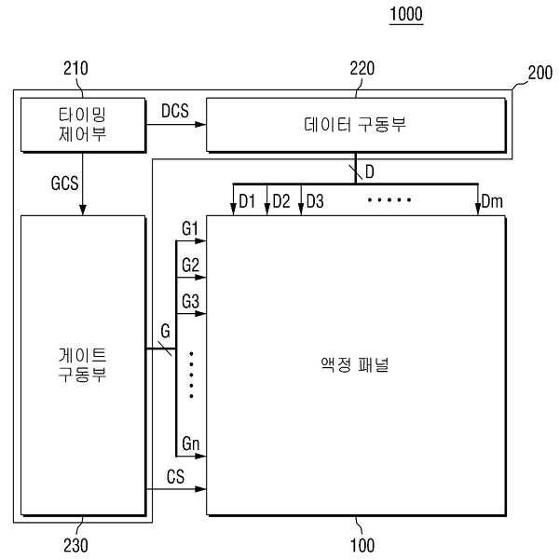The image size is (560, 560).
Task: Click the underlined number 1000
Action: pos(406,14)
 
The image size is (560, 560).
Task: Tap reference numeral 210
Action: pos(75,68)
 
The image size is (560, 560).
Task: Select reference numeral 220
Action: pos(362,68)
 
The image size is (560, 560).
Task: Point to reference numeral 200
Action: pos(540,73)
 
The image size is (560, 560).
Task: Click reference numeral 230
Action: pos(75,545)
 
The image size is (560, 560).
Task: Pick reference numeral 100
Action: pos(362,545)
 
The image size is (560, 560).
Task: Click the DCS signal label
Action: pos(175,111)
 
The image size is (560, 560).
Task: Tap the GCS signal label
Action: pos(64,184)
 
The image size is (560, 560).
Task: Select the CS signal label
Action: pos(175,476)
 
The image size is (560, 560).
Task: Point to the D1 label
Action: pos(247,201)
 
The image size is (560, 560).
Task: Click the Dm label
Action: pos(492,201)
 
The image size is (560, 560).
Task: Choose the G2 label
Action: pos(190,265)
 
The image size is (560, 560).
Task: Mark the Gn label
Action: pos(190,444)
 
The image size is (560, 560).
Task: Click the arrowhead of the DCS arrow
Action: pos(200,125)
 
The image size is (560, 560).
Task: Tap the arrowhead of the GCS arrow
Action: pos(83,210)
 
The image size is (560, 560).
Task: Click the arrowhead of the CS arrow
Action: pos(200,489)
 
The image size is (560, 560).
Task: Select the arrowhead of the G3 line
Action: pos(200,314)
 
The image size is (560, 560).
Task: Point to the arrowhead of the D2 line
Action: pos(266,210)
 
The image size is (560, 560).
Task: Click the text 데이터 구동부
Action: pos(355,124)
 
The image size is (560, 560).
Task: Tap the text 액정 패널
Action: pos(355,364)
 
